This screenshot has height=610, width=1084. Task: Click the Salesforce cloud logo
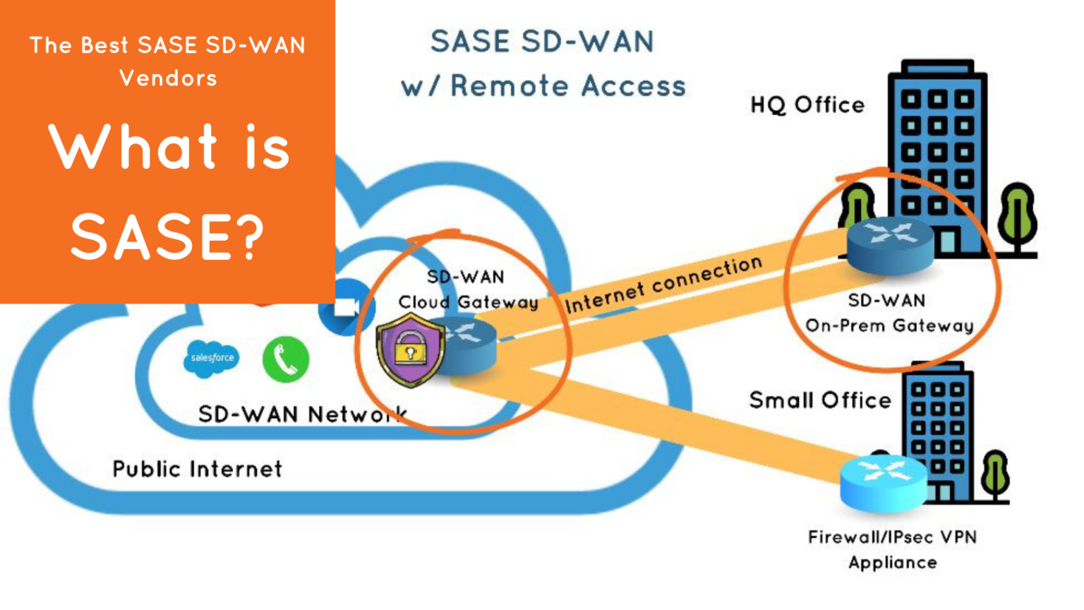211,359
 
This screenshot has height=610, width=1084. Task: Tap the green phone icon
286,359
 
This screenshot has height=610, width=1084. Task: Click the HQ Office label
807,105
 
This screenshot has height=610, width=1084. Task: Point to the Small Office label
820,400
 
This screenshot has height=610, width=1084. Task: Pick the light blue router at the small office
884,482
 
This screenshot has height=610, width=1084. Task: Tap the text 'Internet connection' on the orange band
663,284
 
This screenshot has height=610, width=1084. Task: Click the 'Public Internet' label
197,469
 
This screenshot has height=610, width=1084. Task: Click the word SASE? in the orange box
167,237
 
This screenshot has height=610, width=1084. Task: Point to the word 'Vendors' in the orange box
168,78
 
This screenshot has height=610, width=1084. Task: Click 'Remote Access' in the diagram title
567,86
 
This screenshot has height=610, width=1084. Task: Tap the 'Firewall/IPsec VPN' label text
892,537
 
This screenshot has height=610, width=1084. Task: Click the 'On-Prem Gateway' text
889,325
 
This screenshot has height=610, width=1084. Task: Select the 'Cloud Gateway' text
468,302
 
